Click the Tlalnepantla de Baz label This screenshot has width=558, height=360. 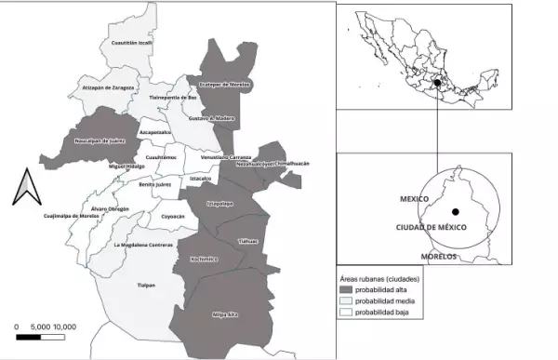(x=174, y=97)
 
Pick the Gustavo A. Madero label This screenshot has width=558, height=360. (x=212, y=118)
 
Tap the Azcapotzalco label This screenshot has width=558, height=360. (x=155, y=133)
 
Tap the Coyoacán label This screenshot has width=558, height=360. (x=173, y=216)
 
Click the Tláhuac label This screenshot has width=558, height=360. (x=247, y=240)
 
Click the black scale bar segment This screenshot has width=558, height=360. (x=28, y=336)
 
